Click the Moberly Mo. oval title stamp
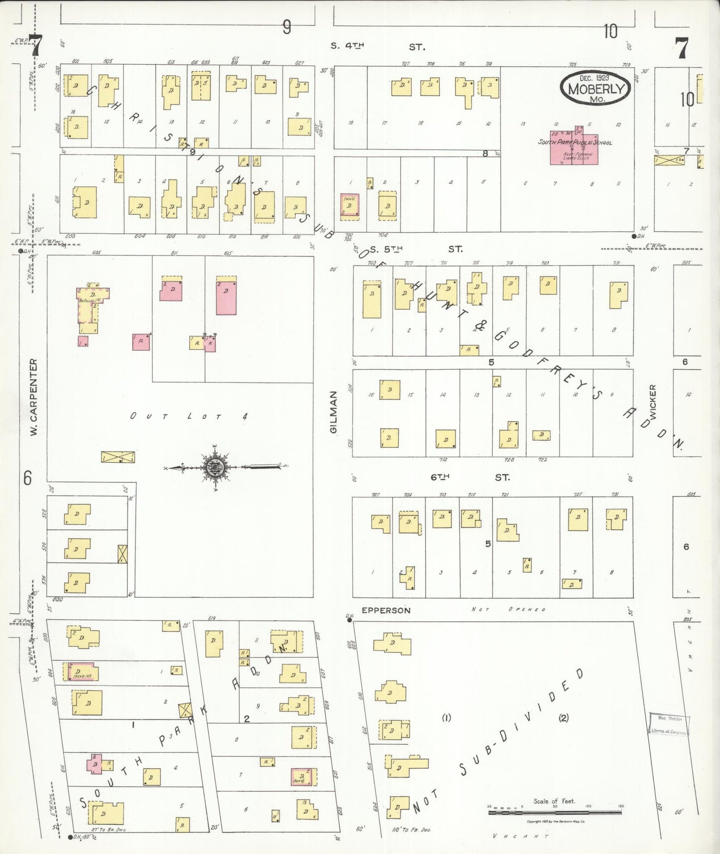click(595, 88)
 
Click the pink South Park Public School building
click(574, 147)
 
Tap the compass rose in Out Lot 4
click(215, 467)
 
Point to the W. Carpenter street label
click(33, 397)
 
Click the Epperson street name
click(386, 610)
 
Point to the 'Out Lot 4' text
click(189, 416)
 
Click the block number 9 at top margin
click(287, 27)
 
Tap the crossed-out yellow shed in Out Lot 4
click(118, 456)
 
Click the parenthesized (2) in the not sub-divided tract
click(564, 718)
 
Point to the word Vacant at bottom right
click(520, 836)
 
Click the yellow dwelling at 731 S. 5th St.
click(618, 293)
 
